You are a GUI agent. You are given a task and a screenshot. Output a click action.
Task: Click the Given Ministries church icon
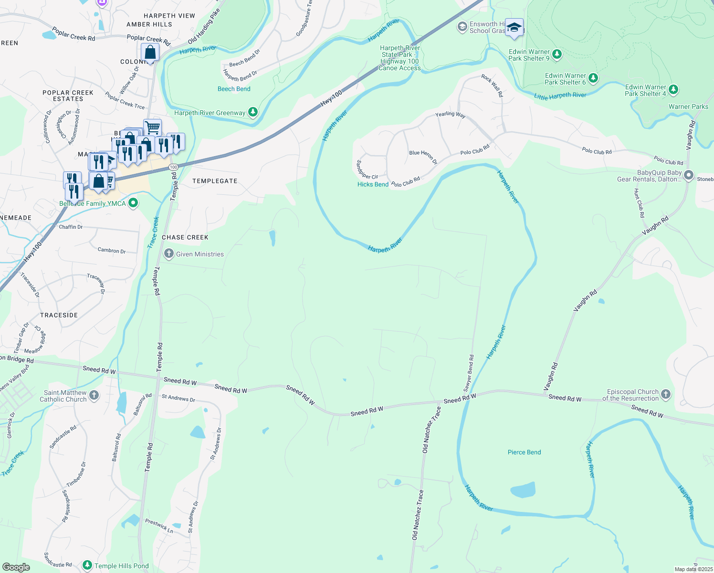point(168,254)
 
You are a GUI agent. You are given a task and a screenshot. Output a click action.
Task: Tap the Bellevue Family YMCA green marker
point(133,203)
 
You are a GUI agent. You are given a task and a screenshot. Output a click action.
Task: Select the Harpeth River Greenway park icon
point(253,112)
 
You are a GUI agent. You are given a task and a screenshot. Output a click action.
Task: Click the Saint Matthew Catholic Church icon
point(94,395)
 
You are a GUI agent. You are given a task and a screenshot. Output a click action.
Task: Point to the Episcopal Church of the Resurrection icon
point(666,394)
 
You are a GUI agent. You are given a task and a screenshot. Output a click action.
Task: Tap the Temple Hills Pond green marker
point(87,565)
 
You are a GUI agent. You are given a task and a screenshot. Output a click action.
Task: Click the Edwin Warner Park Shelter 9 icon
point(556,54)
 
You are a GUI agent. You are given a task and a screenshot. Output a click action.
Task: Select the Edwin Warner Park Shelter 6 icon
point(593,78)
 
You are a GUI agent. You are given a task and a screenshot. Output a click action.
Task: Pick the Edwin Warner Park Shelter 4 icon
point(673,89)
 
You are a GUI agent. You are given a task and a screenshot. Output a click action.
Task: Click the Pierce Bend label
point(524,452)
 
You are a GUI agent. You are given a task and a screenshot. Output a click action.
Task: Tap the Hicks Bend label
point(373,184)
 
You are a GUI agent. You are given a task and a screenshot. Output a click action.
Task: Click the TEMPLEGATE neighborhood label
point(215,181)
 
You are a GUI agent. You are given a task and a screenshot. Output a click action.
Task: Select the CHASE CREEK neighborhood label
point(185,237)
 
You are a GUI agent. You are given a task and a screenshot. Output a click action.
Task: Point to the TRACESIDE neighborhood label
point(59,315)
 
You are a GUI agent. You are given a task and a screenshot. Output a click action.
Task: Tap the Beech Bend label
point(234,89)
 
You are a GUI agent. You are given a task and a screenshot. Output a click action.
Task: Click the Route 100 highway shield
point(173,167)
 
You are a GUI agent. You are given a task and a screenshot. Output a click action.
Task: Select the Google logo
point(16,567)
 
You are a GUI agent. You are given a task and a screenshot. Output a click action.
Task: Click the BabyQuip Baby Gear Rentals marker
point(688,176)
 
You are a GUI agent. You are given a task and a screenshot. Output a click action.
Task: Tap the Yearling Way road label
point(450,115)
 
